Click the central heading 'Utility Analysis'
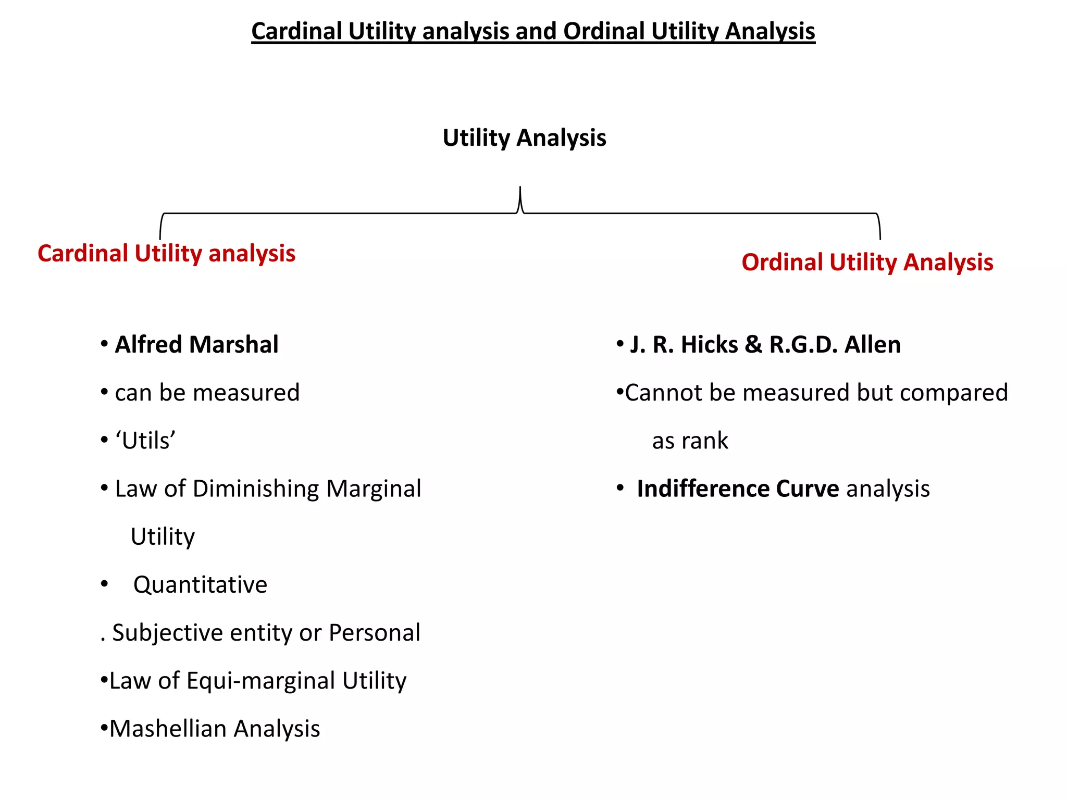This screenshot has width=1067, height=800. point(524,138)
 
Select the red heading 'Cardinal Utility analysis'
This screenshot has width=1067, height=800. point(166,254)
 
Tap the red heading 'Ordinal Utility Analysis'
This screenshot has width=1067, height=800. point(867,262)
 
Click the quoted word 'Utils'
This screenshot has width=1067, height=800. point(145,441)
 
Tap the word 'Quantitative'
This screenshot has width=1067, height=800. point(200,584)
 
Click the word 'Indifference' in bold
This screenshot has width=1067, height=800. point(703,489)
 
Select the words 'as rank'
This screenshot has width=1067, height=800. point(690,441)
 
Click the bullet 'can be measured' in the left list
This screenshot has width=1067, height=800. point(207,393)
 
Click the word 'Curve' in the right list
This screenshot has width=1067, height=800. point(807,489)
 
